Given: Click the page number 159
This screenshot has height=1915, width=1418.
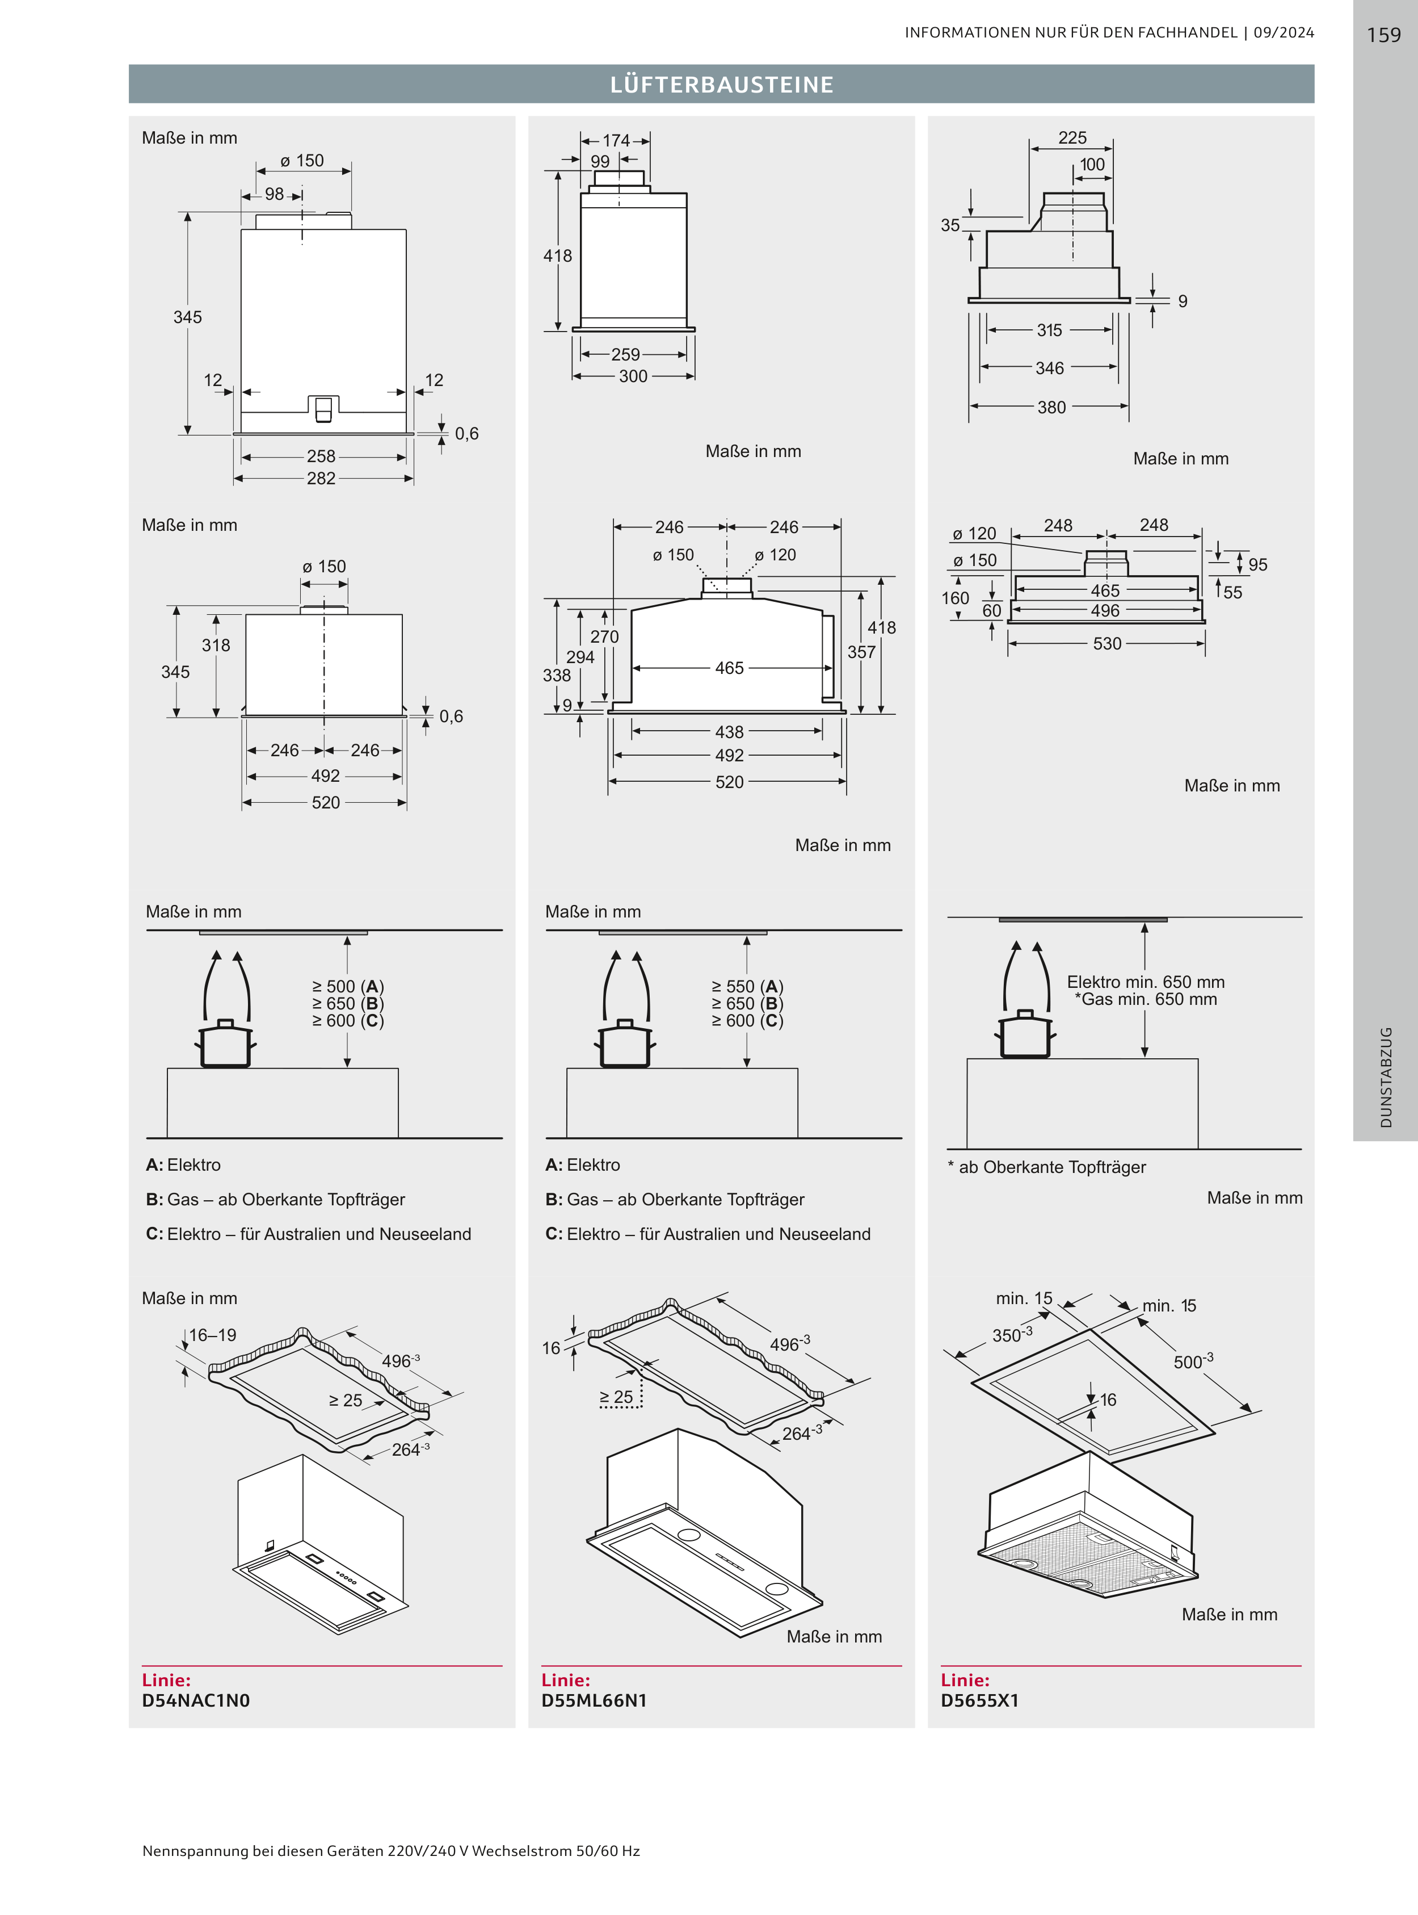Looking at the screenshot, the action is (1383, 35).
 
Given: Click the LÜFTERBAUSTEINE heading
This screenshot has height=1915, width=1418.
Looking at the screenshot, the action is (722, 84).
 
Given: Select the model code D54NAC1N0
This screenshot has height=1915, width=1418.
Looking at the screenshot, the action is (196, 1700).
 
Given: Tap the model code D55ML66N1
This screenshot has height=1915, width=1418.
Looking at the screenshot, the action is (594, 1700).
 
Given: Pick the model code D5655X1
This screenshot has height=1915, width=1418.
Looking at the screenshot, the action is (979, 1700).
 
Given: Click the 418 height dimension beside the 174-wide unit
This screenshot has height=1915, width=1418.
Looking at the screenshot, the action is (558, 256).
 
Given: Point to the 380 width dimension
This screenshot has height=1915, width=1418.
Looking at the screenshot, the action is (1051, 407).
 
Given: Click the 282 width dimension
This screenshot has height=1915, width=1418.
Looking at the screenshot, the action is (321, 478).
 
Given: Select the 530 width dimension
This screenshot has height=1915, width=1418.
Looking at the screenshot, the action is (1107, 643).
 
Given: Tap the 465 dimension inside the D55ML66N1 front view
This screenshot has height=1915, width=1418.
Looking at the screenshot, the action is (730, 668).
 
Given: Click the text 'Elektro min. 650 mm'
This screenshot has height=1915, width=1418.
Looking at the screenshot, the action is (1146, 982).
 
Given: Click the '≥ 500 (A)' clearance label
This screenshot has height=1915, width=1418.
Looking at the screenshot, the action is (348, 987).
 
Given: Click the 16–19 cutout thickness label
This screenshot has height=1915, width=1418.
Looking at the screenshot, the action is (213, 1335).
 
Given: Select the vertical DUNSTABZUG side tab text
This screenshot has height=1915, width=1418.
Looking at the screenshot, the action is (1386, 1077).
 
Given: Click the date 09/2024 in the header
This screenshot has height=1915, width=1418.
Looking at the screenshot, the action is (1284, 32).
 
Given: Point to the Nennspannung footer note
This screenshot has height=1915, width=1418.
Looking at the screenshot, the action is (392, 1851).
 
